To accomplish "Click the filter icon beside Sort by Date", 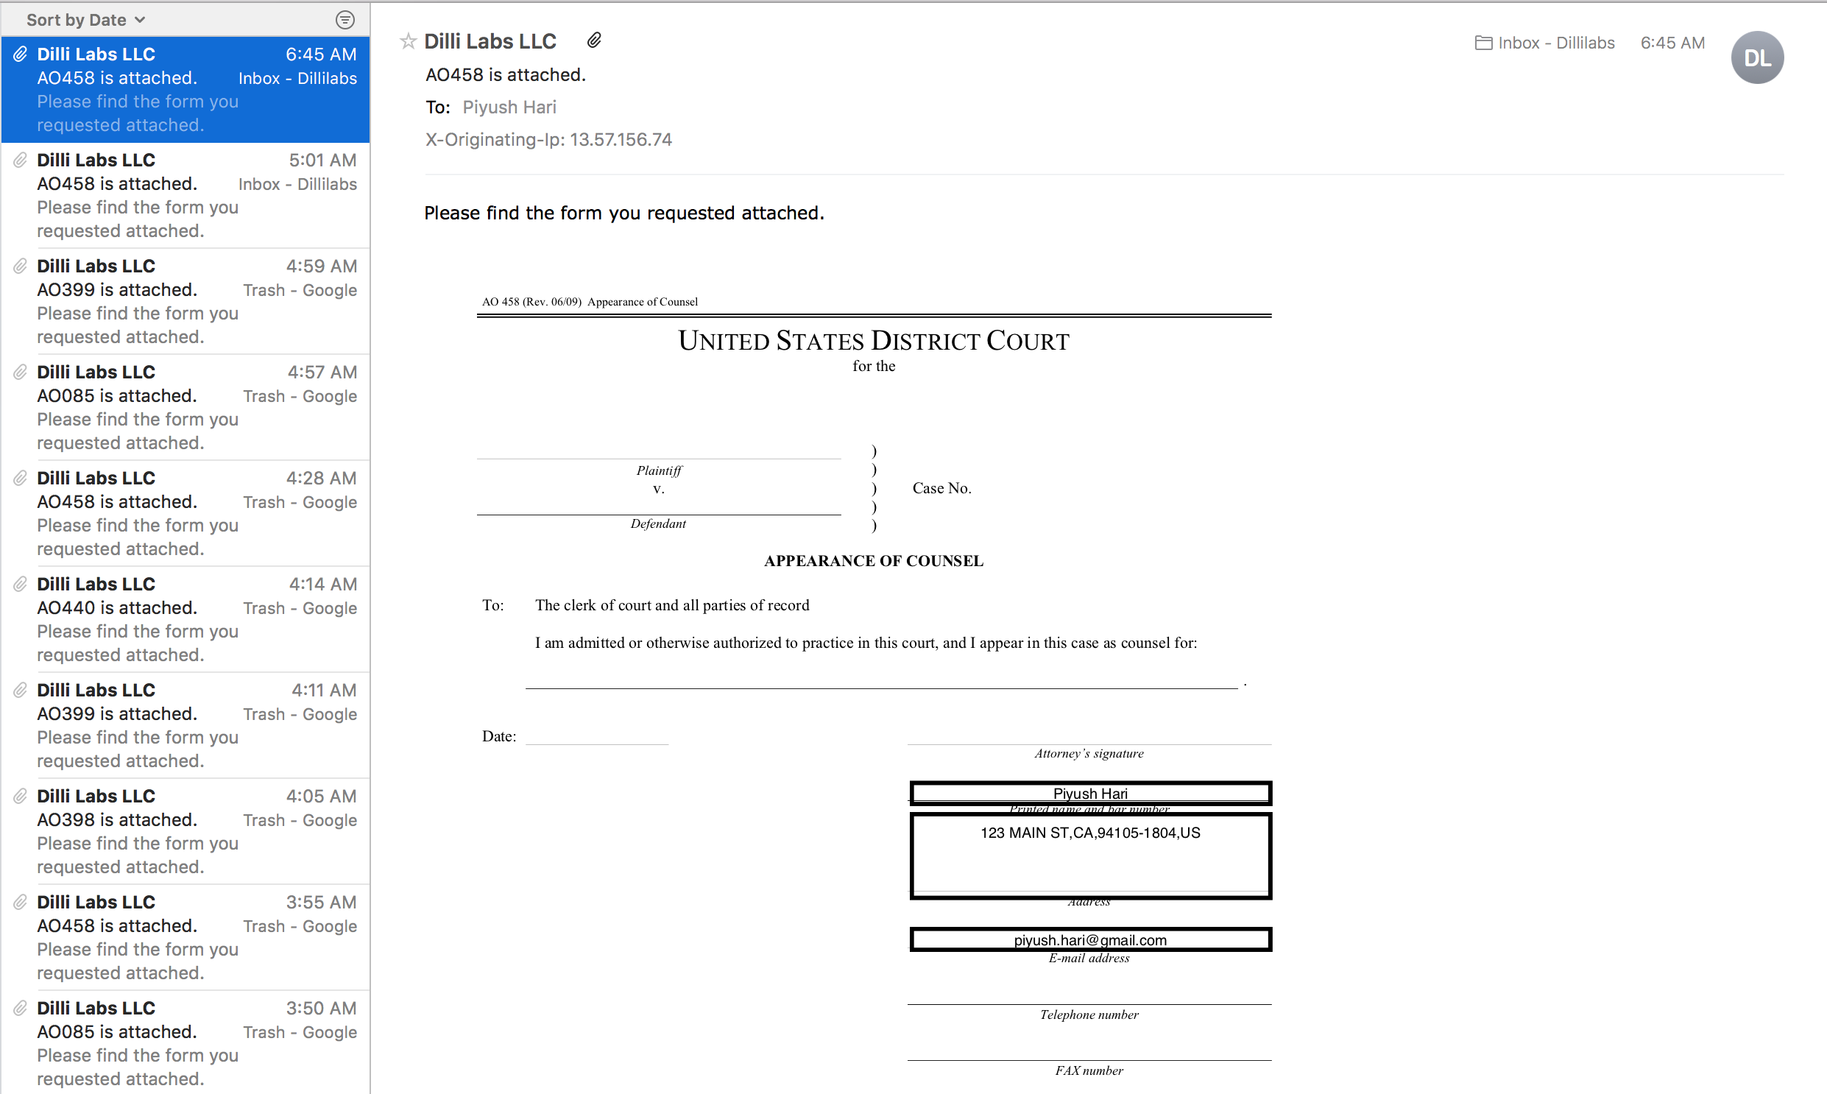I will [345, 20].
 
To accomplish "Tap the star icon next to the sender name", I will [409, 41].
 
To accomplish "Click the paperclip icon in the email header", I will [594, 40].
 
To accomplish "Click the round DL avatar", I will [1757, 57].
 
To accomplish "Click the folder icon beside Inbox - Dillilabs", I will [1483, 43].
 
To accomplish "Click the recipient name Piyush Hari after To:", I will [509, 107].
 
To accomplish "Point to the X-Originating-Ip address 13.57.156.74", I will [621, 140].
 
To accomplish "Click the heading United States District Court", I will [873, 342].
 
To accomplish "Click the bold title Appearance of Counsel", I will [873, 561].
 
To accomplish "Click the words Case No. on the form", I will [942, 488].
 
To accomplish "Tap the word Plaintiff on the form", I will [659, 470].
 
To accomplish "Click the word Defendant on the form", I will [658, 524].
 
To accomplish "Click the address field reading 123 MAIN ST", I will [1090, 834].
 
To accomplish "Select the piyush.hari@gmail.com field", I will [1090, 940].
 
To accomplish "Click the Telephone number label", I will [1089, 1015].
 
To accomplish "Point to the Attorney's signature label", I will [1089, 753].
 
